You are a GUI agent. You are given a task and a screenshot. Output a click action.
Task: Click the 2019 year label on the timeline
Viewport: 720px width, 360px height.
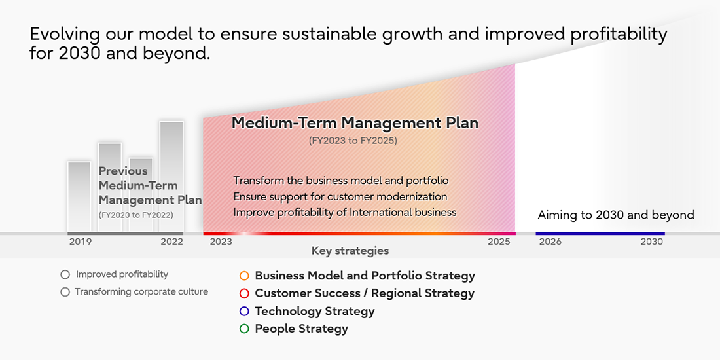click(81, 242)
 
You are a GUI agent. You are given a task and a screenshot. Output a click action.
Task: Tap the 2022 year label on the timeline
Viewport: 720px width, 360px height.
click(171, 242)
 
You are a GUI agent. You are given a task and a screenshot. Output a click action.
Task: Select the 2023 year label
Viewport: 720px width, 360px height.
click(221, 242)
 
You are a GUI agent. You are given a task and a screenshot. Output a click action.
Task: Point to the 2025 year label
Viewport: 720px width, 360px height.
click(498, 242)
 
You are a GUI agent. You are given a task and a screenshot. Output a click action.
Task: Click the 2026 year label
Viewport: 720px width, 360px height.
click(550, 242)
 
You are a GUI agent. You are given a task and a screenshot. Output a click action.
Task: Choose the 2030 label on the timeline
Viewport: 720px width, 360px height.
click(651, 242)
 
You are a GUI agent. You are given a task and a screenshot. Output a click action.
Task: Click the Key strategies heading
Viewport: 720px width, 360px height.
click(350, 251)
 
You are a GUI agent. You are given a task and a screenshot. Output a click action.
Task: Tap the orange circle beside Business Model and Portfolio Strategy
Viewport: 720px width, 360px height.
click(245, 276)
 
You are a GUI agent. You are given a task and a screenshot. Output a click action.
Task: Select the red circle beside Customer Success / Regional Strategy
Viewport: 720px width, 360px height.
click(245, 294)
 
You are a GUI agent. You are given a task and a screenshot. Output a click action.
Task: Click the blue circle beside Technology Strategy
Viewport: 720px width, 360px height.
click(245, 312)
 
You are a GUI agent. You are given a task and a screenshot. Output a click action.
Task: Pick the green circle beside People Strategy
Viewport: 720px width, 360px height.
click(245, 329)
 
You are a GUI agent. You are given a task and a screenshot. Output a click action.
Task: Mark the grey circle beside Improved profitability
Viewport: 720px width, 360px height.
click(65, 275)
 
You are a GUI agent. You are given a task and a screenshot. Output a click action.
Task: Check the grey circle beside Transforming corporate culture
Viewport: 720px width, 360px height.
click(65, 292)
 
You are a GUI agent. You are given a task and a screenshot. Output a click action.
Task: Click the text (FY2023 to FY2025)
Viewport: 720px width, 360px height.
click(353, 141)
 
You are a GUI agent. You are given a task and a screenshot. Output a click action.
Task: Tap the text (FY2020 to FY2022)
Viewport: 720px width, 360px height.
click(136, 215)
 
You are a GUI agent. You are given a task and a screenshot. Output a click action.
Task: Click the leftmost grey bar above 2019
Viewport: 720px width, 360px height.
click(79, 196)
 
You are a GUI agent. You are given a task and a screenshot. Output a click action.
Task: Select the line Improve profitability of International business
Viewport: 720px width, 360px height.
click(344, 212)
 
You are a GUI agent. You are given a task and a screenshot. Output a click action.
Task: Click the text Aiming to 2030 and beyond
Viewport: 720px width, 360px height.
click(615, 215)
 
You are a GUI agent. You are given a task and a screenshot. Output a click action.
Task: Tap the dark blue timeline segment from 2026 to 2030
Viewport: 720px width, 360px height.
click(600, 234)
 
